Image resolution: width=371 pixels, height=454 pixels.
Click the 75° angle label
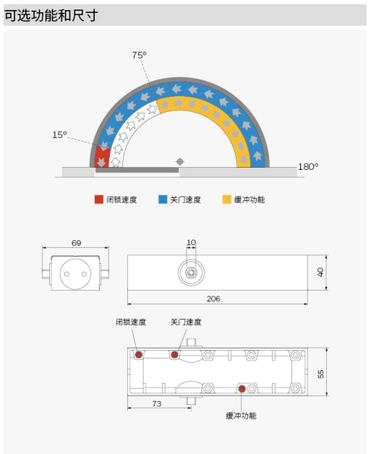pos(140,55)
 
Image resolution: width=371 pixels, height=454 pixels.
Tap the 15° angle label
pos(59,134)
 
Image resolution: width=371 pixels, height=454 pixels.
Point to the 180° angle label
pos(308,167)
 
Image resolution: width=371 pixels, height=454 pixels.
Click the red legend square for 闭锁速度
pos(99,200)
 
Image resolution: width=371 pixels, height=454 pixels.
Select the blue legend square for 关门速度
pos(163,200)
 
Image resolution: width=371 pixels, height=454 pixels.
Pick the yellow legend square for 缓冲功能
pos(227,200)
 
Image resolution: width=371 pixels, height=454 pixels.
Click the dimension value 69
pos(76,243)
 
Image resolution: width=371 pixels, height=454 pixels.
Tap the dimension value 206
pos(213,299)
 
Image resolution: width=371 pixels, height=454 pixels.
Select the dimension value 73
pos(157,403)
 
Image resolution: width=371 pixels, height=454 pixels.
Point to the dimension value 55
pos(321,374)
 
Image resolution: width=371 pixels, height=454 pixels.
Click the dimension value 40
pos(320,272)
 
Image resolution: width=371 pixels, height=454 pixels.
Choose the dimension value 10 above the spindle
pos(192,242)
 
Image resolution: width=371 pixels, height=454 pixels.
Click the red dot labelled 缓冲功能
pos(242,389)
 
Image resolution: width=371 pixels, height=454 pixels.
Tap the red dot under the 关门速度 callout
pos(174,355)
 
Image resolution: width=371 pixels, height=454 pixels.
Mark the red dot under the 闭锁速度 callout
pos(139,355)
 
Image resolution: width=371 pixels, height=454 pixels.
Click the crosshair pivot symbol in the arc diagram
pos(180,161)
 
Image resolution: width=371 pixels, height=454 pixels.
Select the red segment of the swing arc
pos(102,157)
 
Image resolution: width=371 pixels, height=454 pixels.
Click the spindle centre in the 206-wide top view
pos(191,273)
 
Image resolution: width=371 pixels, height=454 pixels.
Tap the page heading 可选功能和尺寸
pos(51,15)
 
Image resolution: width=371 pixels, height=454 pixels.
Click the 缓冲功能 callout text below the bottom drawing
pos(242,416)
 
